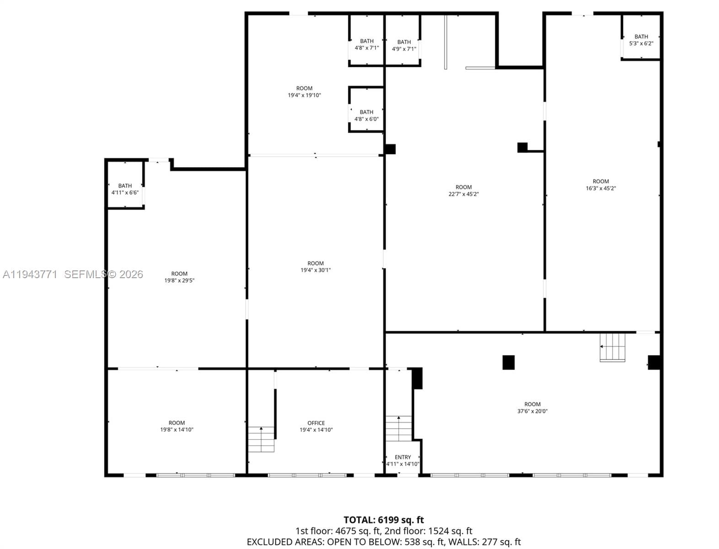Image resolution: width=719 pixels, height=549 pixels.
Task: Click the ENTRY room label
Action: (402, 457)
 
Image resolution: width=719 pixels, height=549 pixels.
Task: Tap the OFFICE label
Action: (316, 423)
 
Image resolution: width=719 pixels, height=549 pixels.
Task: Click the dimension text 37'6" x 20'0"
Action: (532, 411)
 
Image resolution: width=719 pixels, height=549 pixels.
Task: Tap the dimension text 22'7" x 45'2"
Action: (463, 194)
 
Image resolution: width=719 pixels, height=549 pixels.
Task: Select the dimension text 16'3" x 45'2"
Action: (601, 188)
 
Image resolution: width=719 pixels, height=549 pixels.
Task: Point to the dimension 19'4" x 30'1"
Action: (316, 270)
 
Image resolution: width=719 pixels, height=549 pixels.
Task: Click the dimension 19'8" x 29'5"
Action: (179, 280)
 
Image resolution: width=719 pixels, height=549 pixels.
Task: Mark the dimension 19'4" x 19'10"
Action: (304, 95)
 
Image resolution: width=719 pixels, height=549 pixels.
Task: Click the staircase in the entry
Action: (399, 429)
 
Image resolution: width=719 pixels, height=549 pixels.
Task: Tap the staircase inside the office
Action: (261, 439)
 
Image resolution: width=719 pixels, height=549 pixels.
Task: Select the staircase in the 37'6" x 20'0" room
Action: (612, 348)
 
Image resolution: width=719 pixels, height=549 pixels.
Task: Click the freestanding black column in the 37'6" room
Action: (509, 363)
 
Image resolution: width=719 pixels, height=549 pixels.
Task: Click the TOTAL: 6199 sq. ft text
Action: (384, 520)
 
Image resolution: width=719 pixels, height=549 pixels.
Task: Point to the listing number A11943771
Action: (30, 274)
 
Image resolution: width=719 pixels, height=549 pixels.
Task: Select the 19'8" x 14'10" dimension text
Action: (177, 430)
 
